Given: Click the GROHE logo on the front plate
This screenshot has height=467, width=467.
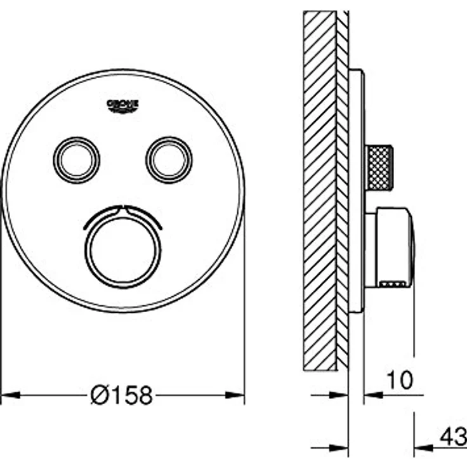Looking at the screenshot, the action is (122, 106).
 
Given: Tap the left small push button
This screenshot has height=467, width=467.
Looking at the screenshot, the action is (77, 160).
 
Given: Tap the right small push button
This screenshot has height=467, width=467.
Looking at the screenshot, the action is (169, 160).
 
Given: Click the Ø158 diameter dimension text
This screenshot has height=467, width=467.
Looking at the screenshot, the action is (122, 395).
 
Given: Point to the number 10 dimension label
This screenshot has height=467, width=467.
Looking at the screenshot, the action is (400, 380).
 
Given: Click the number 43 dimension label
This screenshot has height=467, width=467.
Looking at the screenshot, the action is (453, 437).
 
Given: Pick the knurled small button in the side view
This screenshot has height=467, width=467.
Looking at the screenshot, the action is (379, 168).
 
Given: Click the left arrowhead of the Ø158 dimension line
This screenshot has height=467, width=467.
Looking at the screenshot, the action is (11, 395).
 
